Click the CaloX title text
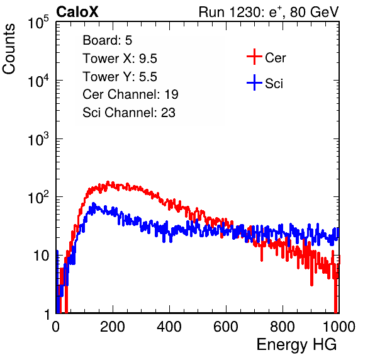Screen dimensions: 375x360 pyautogui.click(x=77, y=12)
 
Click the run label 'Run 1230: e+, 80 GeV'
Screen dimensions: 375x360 pyautogui.click(x=269, y=12)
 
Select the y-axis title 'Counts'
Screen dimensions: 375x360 pyautogui.click(x=9, y=49)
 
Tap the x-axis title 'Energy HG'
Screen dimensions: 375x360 pyautogui.click(x=296, y=344)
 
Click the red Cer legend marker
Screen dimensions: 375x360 pyautogui.click(x=254, y=57)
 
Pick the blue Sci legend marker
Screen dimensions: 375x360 pyautogui.click(x=254, y=82)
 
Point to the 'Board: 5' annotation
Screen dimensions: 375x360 pyautogui.click(x=107, y=40)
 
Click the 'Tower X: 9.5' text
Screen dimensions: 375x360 pyautogui.click(x=120, y=59)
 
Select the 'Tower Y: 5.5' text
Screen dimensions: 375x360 pyautogui.click(x=120, y=77)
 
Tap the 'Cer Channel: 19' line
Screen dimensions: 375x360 pyautogui.click(x=130, y=94)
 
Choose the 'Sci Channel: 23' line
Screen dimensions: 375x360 pyautogui.click(x=129, y=113)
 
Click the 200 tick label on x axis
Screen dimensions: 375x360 pyautogui.click(x=113, y=327)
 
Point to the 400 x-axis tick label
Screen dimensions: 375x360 pyautogui.click(x=169, y=327)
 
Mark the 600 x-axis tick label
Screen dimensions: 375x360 pyautogui.click(x=226, y=327)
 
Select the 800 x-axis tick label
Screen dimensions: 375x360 pyautogui.click(x=283, y=327)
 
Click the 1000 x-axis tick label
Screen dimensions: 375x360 pyautogui.click(x=339, y=327)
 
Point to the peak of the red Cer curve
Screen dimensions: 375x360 pyautogui.click(x=108, y=183)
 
